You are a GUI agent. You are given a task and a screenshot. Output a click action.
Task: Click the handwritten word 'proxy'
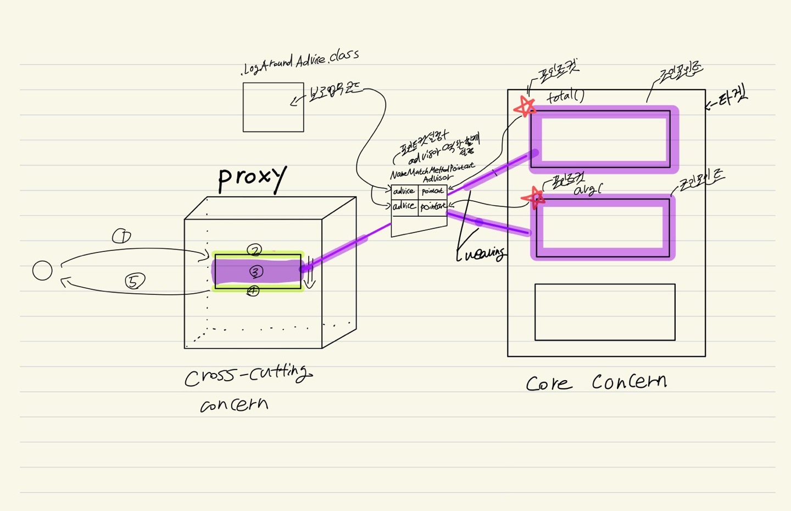252,178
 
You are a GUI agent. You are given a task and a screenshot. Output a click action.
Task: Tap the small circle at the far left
42,271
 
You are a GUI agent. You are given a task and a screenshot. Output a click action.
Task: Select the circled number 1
121,237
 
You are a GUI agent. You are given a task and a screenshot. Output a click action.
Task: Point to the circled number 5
133,282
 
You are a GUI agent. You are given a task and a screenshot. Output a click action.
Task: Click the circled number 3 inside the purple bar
256,272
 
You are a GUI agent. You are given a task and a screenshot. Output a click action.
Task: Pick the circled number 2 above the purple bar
254,251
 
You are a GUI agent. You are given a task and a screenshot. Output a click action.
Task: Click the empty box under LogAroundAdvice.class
273,107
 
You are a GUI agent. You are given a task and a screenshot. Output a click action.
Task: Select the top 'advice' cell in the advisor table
404,191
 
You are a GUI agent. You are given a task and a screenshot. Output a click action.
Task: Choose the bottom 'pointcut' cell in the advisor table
433,206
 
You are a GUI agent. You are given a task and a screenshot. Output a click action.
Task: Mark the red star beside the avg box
533,197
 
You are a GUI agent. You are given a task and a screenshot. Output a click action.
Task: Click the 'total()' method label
565,97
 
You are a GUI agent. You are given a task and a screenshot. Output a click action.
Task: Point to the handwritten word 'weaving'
481,254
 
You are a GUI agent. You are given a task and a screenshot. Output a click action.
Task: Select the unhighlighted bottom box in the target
605,312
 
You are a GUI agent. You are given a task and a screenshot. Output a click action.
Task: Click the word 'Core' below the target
549,383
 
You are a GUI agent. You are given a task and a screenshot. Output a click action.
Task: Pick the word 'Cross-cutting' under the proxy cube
248,376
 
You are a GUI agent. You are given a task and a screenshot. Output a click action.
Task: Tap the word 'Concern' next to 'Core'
630,381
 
